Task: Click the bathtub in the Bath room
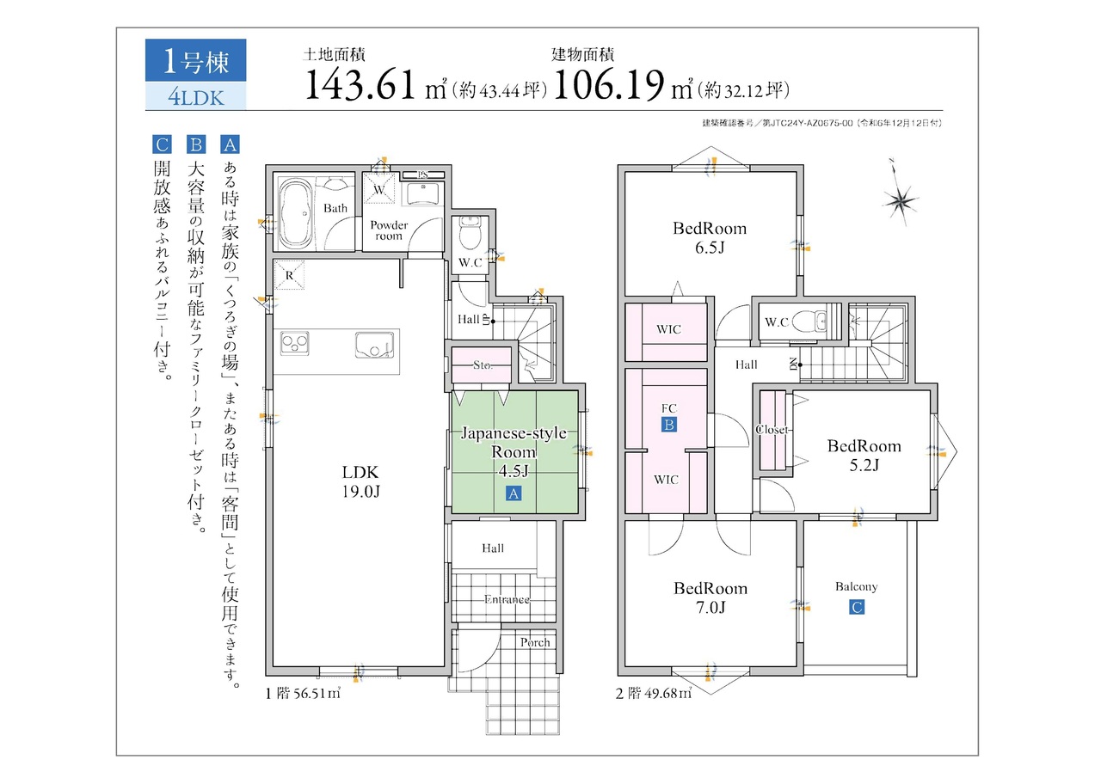click(295, 213)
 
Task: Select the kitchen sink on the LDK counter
click(374, 345)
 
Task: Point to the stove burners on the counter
click(295, 343)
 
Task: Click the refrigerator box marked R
click(289, 275)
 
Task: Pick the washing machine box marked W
click(379, 188)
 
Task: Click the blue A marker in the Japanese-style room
click(514, 493)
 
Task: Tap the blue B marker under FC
click(668, 425)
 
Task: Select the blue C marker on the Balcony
click(857, 607)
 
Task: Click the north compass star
click(901, 200)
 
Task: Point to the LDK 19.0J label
click(360, 481)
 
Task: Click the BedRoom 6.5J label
click(710, 238)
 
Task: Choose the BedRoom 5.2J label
click(864, 455)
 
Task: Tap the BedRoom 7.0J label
click(710, 597)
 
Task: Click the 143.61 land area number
click(360, 84)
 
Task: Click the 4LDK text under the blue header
click(196, 98)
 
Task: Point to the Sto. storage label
click(483, 365)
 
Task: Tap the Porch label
click(535, 642)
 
